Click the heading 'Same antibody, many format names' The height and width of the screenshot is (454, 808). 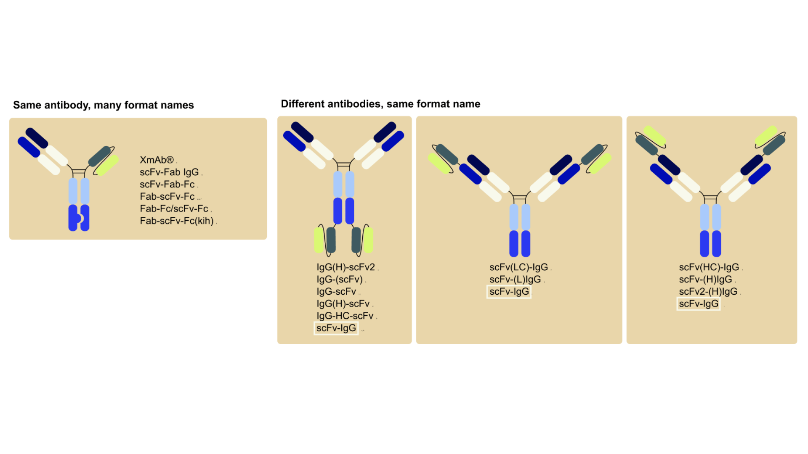tap(103, 105)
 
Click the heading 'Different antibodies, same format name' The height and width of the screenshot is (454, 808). tap(380, 104)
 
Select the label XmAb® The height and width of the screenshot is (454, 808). tap(157, 160)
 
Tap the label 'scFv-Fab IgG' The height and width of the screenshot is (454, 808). tap(169, 172)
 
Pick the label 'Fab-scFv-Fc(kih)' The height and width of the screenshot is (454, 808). tap(177, 221)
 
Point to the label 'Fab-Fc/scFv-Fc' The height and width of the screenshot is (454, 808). tap(174, 209)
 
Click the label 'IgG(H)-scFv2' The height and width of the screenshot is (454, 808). tap(346, 267)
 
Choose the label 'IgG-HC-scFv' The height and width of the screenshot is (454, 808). tap(345, 316)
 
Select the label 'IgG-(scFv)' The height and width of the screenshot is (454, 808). tap(339, 280)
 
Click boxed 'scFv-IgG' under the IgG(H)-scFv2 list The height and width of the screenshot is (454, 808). tap(336, 328)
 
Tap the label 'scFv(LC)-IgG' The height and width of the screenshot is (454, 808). tap(518, 267)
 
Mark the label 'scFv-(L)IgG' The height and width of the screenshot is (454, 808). tap(515, 280)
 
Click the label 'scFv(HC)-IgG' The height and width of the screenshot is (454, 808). tap(709, 267)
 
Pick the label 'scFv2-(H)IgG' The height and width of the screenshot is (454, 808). tap(708, 292)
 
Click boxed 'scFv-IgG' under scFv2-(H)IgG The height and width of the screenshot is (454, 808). tap(698, 304)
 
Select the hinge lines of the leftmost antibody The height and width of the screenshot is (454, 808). tap(79, 172)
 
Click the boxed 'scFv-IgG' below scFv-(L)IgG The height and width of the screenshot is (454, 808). tap(509, 292)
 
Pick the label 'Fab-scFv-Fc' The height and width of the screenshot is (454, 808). tap(167, 197)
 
